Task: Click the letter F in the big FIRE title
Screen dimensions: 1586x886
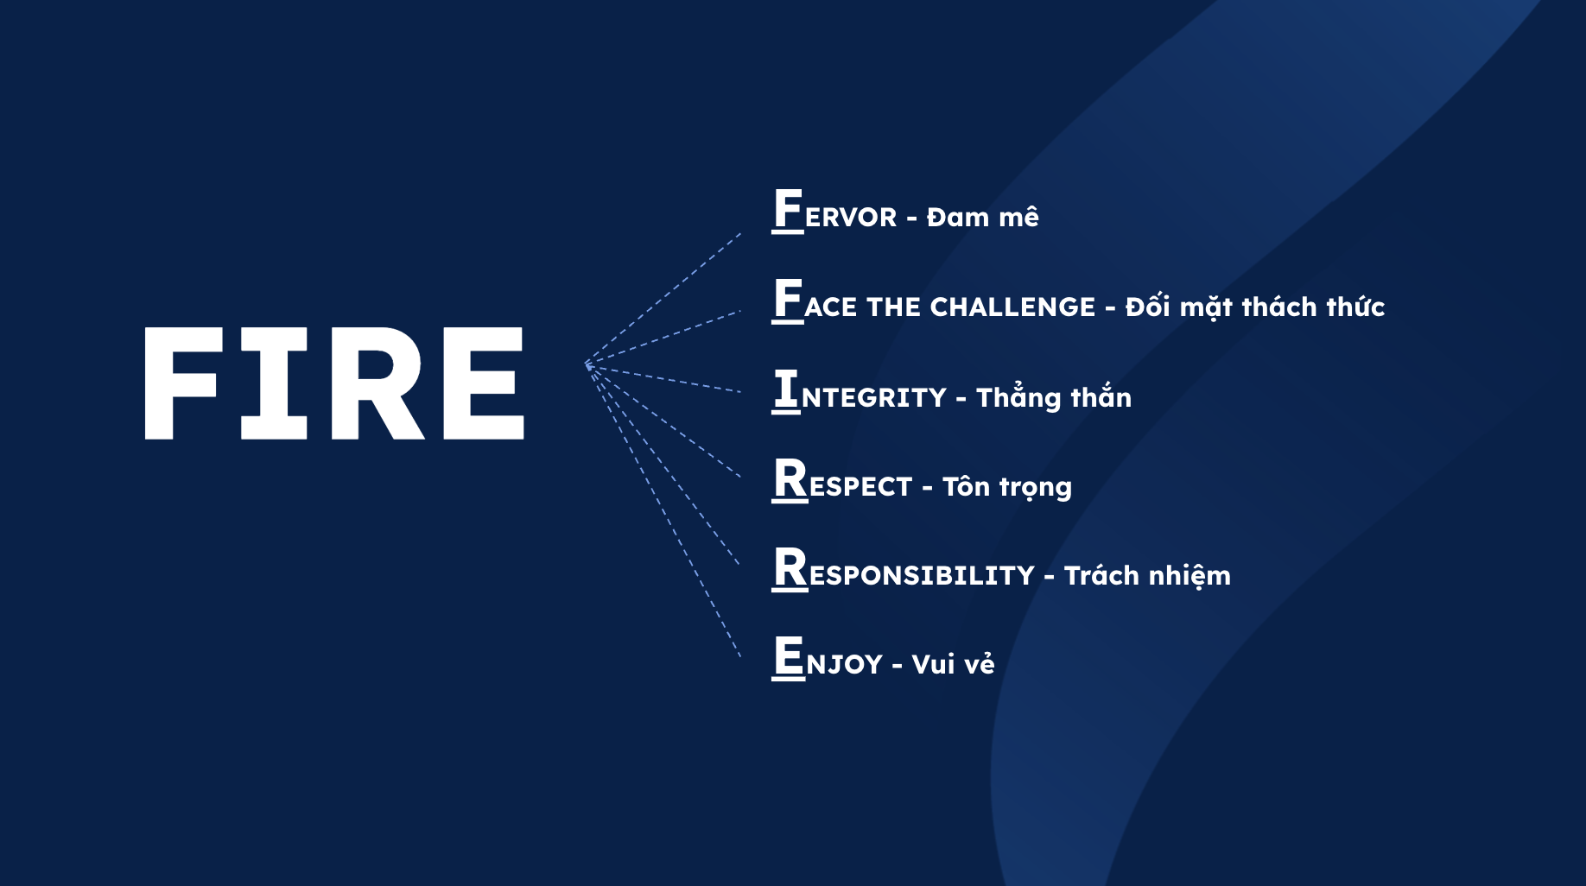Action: [x=180, y=383]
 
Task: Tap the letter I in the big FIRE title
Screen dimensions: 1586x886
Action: [x=274, y=383]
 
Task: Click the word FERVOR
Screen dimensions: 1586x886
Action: [x=834, y=210]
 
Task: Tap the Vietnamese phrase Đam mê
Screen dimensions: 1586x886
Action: [x=982, y=216]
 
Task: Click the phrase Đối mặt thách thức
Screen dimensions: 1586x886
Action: [x=1255, y=306]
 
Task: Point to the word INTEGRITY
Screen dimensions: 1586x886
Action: [x=860, y=390]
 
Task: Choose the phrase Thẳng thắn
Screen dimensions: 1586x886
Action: [x=1053, y=396]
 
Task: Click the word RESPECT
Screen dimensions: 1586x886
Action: [x=842, y=480]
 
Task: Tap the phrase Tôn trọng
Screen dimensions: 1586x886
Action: [x=1007, y=486]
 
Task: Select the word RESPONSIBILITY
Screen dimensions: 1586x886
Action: [x=904, y=569]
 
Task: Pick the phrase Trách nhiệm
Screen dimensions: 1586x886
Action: [x=1147, y=575]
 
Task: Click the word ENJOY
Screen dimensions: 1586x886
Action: [x=828, y=658]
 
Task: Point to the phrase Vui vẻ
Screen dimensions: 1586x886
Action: [x=953, y=663]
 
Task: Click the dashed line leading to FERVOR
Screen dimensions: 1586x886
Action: [x=663, y=299]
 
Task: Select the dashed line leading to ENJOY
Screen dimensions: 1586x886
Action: [x=663, y=511]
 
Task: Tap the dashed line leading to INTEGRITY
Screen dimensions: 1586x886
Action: [x=663, y=378]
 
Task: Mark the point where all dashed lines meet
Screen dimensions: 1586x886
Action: [x=587, y=365]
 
